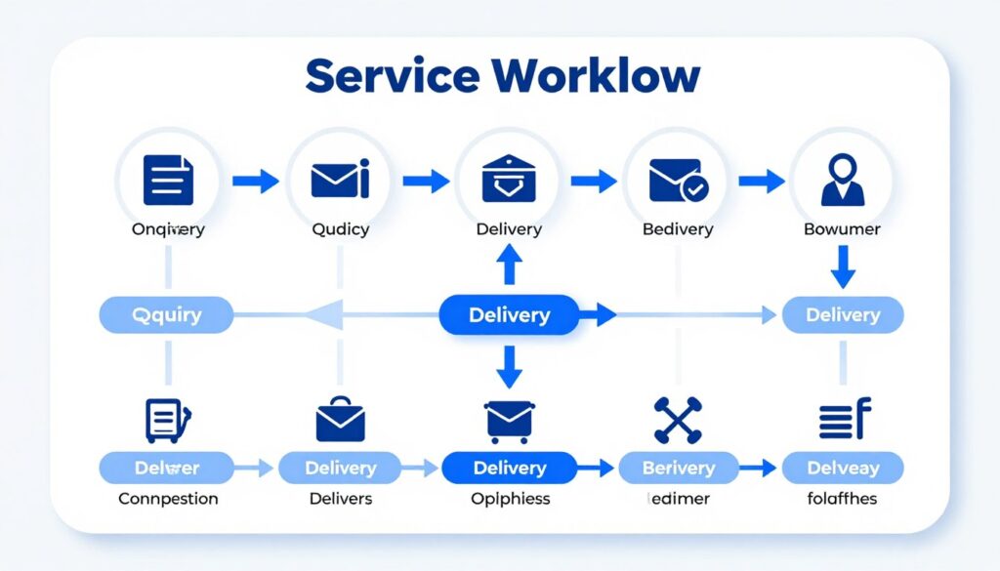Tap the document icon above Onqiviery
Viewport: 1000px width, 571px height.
point(168,181)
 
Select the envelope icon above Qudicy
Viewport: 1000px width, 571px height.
point(340,181)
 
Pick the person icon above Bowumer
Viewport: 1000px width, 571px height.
point(842,181)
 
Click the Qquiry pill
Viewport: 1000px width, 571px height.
point(166,315)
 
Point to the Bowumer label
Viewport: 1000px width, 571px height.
point(842,229)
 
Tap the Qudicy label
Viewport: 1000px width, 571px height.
point(340,229)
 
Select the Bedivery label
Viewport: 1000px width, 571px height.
point(678,229)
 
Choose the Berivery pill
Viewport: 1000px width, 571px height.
point(678,469)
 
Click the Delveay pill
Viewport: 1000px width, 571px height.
point(843,469)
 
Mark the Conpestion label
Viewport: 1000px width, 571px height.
point(168,499)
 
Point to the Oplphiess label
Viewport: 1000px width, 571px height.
point(509,499)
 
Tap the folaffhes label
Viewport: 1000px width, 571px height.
point(843,499)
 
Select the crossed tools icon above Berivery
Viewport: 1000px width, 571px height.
point(678,420)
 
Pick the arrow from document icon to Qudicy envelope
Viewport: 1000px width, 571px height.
point(256,181)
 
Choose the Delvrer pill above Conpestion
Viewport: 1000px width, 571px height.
point(166,469)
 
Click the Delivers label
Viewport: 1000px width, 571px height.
point(340,499)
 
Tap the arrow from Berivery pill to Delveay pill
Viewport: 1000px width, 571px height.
point(757,469)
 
